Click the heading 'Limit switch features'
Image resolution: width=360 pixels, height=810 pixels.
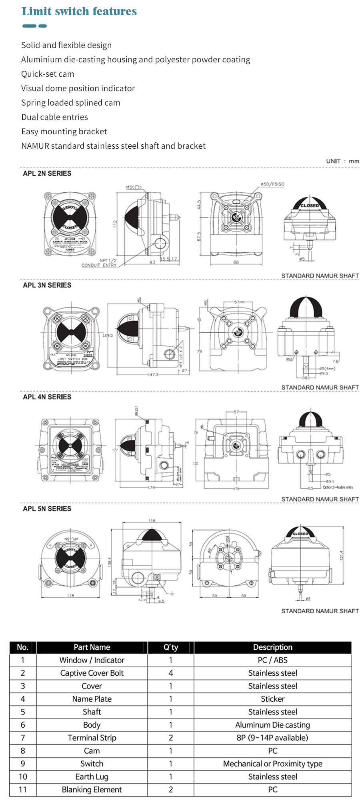(x=79, y=11)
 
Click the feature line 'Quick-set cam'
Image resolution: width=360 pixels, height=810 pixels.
(x=48, y=74)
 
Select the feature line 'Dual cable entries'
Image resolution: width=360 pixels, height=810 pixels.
(x=54, y=117)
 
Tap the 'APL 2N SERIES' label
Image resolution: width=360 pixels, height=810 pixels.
(x=47, y=174)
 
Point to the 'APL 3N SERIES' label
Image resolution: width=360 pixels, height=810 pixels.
(x=47, y=285)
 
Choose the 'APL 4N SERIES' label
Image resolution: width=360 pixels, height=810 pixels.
(x=47, y=397)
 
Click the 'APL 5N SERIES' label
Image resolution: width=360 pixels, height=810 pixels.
(x=47, y=509)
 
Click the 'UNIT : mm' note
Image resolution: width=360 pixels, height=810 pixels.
(x=342, y=161)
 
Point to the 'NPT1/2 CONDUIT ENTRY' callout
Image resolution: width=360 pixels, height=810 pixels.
(x=100, y=263)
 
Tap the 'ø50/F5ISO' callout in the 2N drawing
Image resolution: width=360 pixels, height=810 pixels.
(x=272, y=184)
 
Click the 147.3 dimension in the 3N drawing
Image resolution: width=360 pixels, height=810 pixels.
(x=153, y=375)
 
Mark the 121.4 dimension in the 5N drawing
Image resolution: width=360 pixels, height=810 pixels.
(x=341, y=556)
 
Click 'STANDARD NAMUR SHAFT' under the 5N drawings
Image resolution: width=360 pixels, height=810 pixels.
(x=320, y=611)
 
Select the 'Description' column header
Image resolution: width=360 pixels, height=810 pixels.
(x=272, y=647)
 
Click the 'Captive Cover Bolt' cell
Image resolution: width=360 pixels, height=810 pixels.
(x=92, y=673)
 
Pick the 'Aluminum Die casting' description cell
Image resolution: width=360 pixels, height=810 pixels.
(x=272, y=725)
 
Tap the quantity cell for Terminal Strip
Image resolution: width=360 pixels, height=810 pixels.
(x=171, y=738)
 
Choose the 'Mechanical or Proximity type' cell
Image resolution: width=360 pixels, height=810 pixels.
(x=272, y=764)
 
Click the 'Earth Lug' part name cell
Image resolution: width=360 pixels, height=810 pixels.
(x=92, y=777)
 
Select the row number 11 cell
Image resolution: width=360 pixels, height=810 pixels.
(x=23, y=790)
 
